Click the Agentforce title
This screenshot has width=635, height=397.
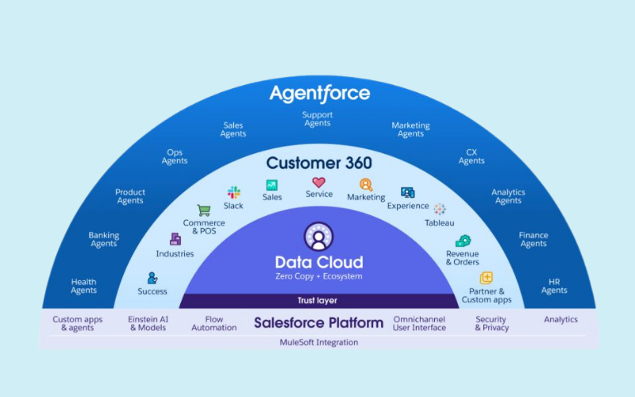pyautogui.click(x=319, y=93)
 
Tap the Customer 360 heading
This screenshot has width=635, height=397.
pyautogui.click(x=319, y=164)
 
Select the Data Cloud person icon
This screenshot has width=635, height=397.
pyautogui.click(x=318, y=237)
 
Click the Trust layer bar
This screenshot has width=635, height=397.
pyautogui.click(x=318, y=301)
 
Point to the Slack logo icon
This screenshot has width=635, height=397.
pyautogui.click(x=233, y=192)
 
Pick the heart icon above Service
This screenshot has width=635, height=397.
pyautogui.click(x=318, y=182)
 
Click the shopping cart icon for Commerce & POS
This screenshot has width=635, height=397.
pyautogui.click(x=204, y=210)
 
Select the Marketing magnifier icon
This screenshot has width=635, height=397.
pyautogui.click(x=366, y=184)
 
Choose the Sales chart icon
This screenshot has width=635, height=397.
pyautogui.click(x=272, y=184)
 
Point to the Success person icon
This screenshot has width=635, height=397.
pyautogui.click(x=152, y=278)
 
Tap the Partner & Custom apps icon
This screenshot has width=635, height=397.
pyautogui.click(x=487, y=278)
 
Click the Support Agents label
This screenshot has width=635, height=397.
pyautogui.click(x=317, y=119)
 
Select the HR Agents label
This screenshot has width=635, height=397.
pyautogui.click(x=554, y=286)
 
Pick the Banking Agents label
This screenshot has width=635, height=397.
pyautogui.click(x=104, y=240)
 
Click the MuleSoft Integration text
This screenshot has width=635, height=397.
pyautogui.click(x=318, y=342)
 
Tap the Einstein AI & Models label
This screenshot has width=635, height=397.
pyautogui.click(x=148, y=323)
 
